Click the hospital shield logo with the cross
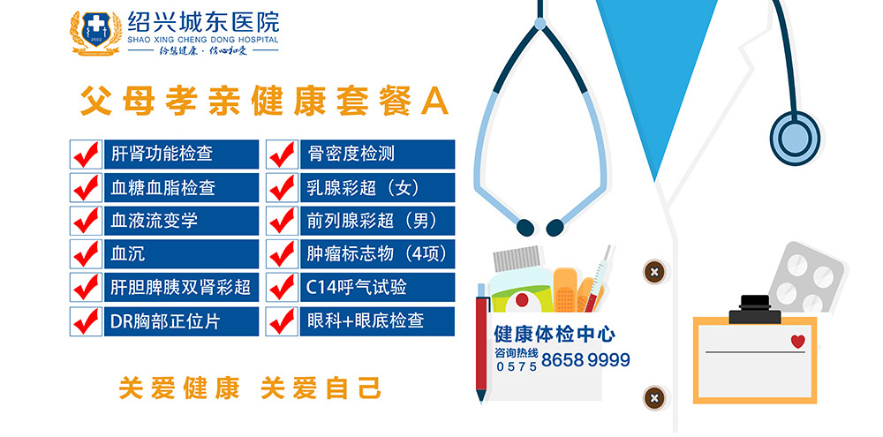95,34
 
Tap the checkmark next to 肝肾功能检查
87,154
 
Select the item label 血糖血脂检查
162,187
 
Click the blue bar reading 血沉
181,254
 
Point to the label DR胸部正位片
165,321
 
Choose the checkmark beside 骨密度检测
283,154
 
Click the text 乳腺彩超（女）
365,187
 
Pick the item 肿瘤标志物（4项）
377,254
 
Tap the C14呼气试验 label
356,288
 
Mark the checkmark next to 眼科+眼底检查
283,321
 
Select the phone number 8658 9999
585,360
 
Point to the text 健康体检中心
555,335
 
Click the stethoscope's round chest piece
795,138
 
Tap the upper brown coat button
653,272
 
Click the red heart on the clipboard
797,342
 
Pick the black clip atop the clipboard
755,310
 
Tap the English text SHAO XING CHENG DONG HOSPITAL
203,40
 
